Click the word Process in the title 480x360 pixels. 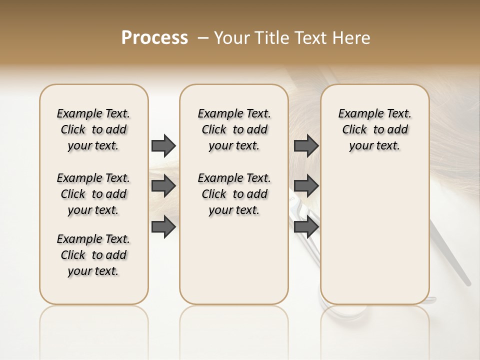point(154,38)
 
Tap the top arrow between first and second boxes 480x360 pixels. point(163,145)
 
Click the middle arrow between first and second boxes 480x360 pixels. point(163,186)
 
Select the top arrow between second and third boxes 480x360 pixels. point(306,145)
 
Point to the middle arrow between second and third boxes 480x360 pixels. point(306,186)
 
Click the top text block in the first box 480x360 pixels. point(93,129)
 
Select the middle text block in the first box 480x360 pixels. point(93,194)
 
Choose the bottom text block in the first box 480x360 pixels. point(93,255)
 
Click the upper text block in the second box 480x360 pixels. point(234,129)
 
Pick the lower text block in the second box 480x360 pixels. point(234,194)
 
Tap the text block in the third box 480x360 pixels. point(375,129)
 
